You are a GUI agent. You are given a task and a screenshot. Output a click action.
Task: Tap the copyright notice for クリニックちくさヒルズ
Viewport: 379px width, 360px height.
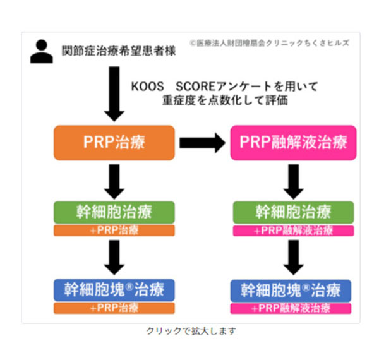click(268, 43)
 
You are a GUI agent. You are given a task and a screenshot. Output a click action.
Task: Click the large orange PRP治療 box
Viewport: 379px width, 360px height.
click(114, 142)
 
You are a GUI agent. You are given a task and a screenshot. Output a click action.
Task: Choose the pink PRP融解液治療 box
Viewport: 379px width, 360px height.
click(292, 142)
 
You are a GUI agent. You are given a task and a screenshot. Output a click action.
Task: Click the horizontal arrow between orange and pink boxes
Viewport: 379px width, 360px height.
click(202, 143)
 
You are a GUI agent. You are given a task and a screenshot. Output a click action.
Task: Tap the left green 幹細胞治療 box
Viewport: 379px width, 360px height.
click(114, 211)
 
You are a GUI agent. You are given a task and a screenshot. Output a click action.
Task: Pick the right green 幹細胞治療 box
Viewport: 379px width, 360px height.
click(292, 211)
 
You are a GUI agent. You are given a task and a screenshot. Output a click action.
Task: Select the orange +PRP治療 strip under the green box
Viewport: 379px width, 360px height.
click(114, 231)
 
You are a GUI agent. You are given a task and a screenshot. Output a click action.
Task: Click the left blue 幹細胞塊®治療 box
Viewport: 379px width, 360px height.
click(114, 289)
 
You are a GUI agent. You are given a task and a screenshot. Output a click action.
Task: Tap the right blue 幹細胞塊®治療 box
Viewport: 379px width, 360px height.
click(292, 289)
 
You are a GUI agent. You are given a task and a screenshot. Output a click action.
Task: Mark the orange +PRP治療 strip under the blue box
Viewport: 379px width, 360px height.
click(114, 308)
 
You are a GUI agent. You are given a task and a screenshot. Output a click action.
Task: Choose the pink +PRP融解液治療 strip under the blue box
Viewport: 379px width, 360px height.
click(292, 309)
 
